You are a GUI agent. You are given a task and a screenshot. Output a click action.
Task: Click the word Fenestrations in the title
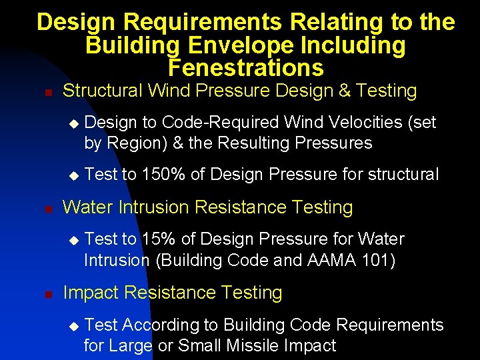246,68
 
